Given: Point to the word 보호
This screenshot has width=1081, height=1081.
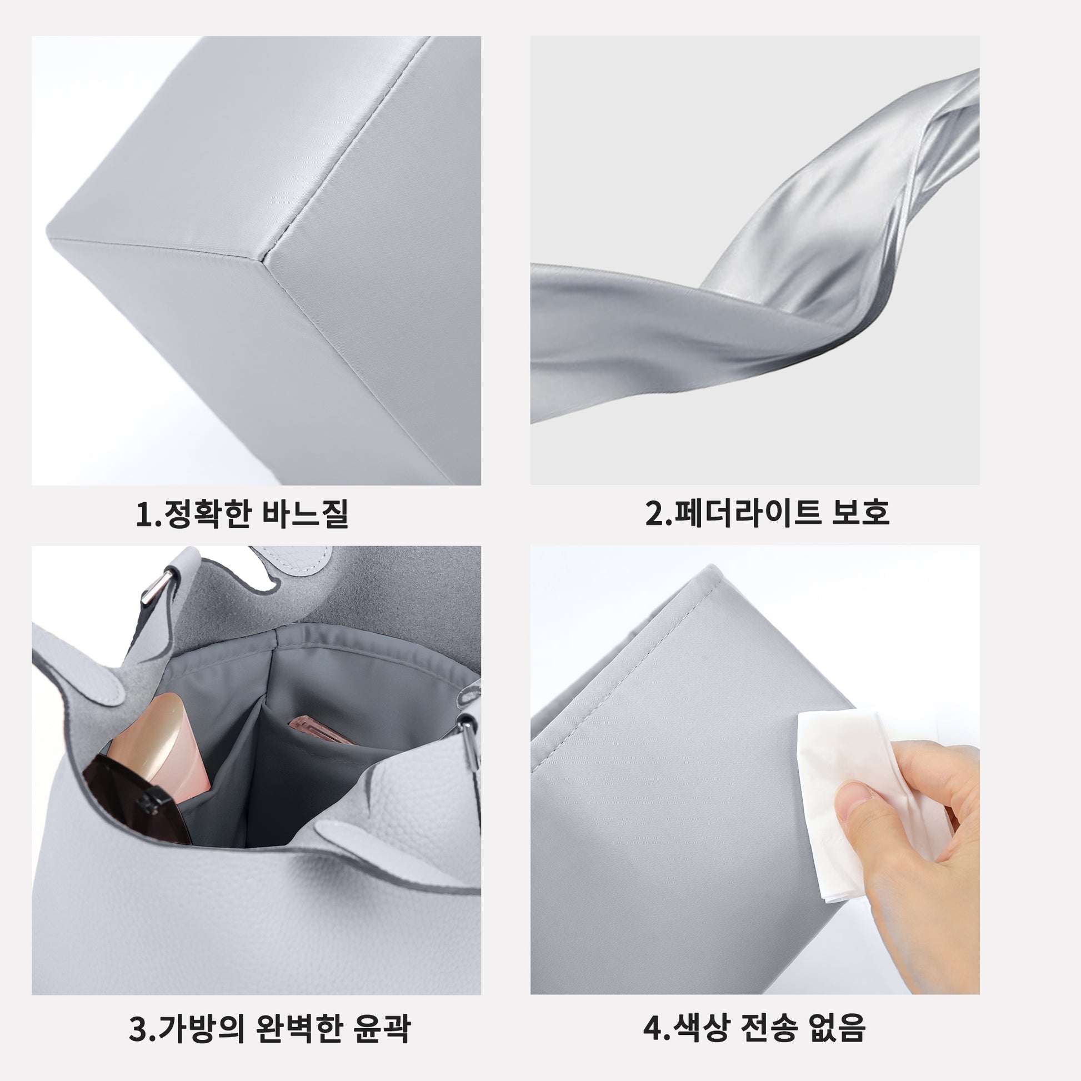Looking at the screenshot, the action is click(860, 513).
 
